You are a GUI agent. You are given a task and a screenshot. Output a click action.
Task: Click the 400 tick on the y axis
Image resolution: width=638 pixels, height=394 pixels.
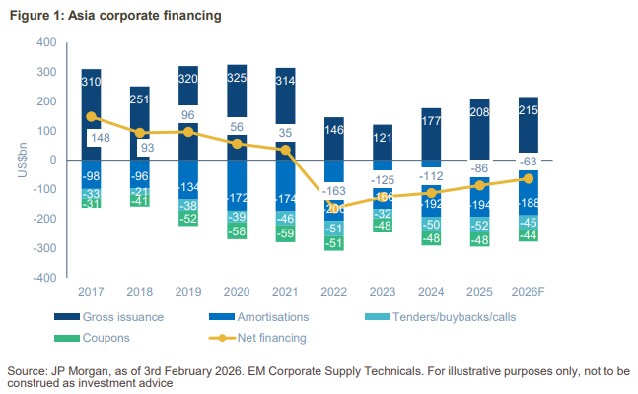pyautogui.click(x=45, y=42)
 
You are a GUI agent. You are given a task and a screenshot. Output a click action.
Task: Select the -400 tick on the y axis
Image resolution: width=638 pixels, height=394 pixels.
pyautogui.click(x=43, y=278)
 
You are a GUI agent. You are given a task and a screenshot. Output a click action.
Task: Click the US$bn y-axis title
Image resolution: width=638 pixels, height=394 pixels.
pyautogui.click(x=23, y=160)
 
